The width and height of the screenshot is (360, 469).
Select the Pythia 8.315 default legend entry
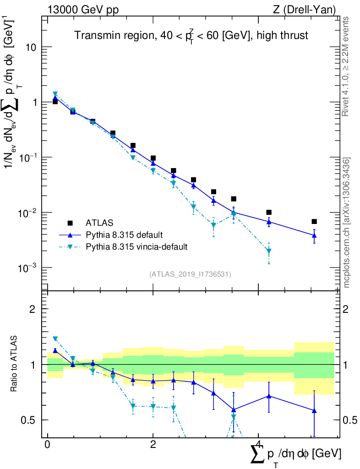pyautogui.click(x=124, y=235)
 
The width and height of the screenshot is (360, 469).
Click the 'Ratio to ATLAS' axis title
pyautogui.click(x=14, y=365)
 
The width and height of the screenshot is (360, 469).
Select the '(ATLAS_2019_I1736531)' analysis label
pyautogui.click(x=190, y=274)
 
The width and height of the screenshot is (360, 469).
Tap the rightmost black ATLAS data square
pyautogui.click(x=314, y=222)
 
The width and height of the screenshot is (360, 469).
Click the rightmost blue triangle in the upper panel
pyautogui.click(x=314, y=235)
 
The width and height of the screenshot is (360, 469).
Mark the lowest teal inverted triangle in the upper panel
pyautogui.click(x=269, y=251)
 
